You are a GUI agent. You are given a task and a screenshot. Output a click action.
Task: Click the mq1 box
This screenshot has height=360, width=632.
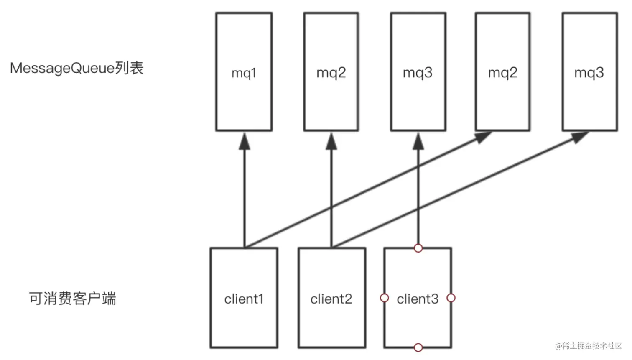coord(244,71)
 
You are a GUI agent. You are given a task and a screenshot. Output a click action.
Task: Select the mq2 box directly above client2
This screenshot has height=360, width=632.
coord(331,71)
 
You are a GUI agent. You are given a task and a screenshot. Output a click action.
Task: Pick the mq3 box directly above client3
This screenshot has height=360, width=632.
coord(418,71)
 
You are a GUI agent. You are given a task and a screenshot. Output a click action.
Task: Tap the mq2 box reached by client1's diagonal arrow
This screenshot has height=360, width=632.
coord(502,71)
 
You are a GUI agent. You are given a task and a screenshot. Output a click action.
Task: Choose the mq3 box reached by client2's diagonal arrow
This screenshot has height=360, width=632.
coord(590,71)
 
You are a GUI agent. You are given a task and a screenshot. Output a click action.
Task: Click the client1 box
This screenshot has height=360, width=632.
coord(244,298)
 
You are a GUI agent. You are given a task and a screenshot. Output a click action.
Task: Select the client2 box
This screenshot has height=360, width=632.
coord(332,298)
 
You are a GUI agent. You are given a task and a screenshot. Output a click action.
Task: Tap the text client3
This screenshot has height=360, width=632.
coord(418,299)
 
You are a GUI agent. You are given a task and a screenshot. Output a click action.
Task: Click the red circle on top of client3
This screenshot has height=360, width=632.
coord(418,248)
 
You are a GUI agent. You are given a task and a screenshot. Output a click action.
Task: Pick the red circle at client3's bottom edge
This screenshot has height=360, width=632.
coord(418,347)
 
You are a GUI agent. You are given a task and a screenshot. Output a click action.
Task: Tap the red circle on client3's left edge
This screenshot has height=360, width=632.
coord(384,298)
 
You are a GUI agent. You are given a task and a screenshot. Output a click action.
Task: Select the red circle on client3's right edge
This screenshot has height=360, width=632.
coord(451,298)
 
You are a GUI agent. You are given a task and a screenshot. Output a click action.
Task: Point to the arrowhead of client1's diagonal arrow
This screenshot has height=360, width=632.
coord(483,137)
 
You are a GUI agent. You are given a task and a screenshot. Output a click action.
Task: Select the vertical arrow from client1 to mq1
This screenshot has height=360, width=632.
coord(245,190)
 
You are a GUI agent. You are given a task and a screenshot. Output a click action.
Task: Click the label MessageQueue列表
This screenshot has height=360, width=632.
coord(77,68)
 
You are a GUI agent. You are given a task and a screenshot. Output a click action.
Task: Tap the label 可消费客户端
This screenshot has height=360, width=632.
coord(72,299)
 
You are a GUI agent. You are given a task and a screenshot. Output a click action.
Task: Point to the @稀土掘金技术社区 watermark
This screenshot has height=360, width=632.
coord(589,346)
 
